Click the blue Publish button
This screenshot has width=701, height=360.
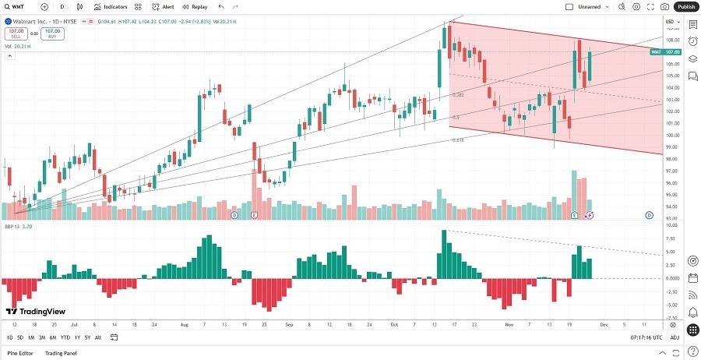685,6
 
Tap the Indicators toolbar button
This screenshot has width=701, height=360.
111,6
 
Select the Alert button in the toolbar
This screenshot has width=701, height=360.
164,6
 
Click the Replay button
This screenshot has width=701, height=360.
196,6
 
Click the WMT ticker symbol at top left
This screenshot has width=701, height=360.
17,6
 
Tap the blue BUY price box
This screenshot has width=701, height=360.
53,34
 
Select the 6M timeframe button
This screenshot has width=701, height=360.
53,337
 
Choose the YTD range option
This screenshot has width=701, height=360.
65,337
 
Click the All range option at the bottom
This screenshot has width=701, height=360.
97,337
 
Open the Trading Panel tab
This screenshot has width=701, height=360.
65,353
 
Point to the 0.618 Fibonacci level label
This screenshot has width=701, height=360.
458,140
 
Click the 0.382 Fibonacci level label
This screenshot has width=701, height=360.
458,94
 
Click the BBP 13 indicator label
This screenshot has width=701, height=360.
12,226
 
